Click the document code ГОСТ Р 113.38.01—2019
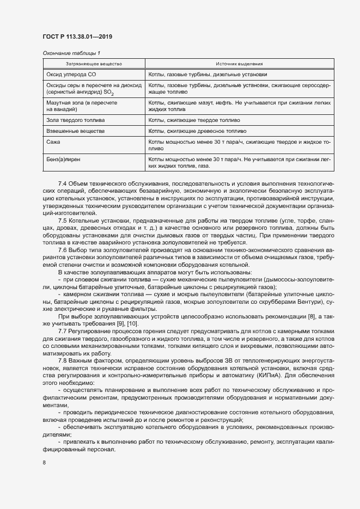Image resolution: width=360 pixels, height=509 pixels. point(77,37)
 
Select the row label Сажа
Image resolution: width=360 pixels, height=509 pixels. point(53,142)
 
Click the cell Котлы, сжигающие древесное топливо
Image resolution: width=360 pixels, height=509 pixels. point(197,131)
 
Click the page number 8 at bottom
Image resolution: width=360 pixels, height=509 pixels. point(44,463)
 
